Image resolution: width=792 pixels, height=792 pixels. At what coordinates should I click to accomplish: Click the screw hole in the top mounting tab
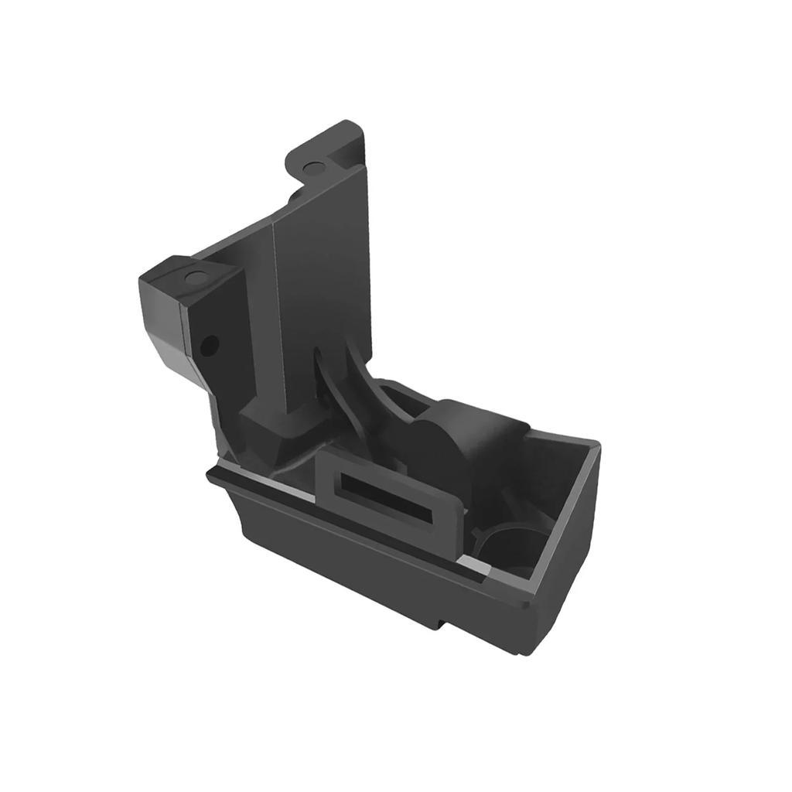313,167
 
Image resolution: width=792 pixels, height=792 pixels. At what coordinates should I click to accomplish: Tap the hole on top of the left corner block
196,277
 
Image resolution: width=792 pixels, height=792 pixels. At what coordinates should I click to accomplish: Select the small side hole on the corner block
210,344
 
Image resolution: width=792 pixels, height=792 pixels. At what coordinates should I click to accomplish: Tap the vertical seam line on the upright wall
275,294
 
